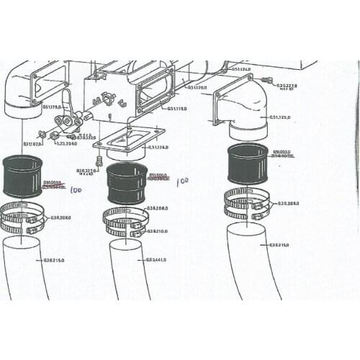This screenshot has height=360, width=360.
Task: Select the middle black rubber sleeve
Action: point(127,184)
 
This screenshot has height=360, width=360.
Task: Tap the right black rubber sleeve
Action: point(248,163)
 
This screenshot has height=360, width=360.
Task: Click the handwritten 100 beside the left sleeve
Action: point(75,190)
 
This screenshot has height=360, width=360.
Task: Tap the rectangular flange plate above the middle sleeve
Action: point(127,140)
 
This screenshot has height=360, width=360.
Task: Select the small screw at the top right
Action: point(267,80)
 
